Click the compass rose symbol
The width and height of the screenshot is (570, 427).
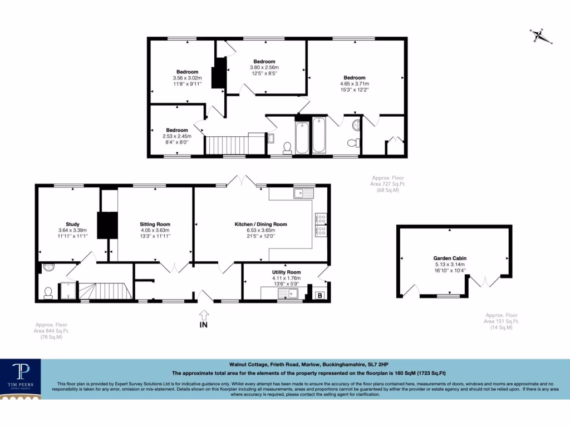[x=538, y=36]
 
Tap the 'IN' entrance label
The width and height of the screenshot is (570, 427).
[x=204, y=325]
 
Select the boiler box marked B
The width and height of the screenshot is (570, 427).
[x=320, y=296]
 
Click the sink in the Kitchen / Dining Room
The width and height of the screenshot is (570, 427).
[x=304, y=193]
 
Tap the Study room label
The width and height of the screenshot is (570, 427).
[x=72, y=225]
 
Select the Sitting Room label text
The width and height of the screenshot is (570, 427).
[x=155, y=225]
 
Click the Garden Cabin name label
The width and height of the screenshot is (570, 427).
[x=450, y=258]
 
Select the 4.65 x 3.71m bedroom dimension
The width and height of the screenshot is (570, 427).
[x=354, y=84]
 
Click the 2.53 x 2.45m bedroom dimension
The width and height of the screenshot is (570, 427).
[x=176, y=136]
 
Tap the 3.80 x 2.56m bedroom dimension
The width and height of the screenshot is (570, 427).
[x=264, y=68]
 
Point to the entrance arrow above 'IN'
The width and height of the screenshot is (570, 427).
[x=204, y=314]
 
